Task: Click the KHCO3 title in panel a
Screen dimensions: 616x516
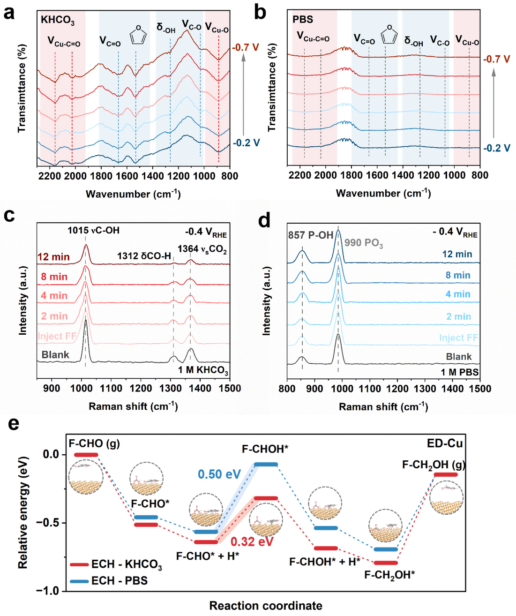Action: click(57, 20)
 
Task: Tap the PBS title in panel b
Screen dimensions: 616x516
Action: click(303, 19)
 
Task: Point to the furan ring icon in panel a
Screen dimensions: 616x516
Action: click(138, 35)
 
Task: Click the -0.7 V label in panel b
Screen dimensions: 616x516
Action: click(496, 59)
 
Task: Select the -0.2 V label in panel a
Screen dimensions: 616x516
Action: click(247, 143)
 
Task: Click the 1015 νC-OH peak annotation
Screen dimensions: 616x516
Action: click(93, 230)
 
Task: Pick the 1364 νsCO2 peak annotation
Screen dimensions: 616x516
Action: click(202, 249)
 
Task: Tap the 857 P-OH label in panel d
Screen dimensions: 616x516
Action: click(311, 235)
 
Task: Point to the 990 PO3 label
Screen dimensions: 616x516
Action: click(364, 243)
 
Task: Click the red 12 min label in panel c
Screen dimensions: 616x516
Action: click(53, 257)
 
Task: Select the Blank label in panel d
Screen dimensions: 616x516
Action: click(459, 357)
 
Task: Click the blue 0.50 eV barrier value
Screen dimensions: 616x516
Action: click(219, 474)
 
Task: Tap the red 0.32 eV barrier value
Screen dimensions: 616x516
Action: click(252, 542)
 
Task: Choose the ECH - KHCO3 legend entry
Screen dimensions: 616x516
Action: click(116, 564)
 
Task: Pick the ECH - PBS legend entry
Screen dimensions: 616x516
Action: click(109, 581)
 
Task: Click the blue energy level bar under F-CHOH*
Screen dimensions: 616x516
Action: click(266, 464)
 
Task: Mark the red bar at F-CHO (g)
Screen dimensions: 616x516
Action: click(86, 455)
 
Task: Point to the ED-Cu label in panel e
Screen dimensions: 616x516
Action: click(444, 443)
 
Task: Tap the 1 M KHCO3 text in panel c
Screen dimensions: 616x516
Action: click(203, 370)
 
